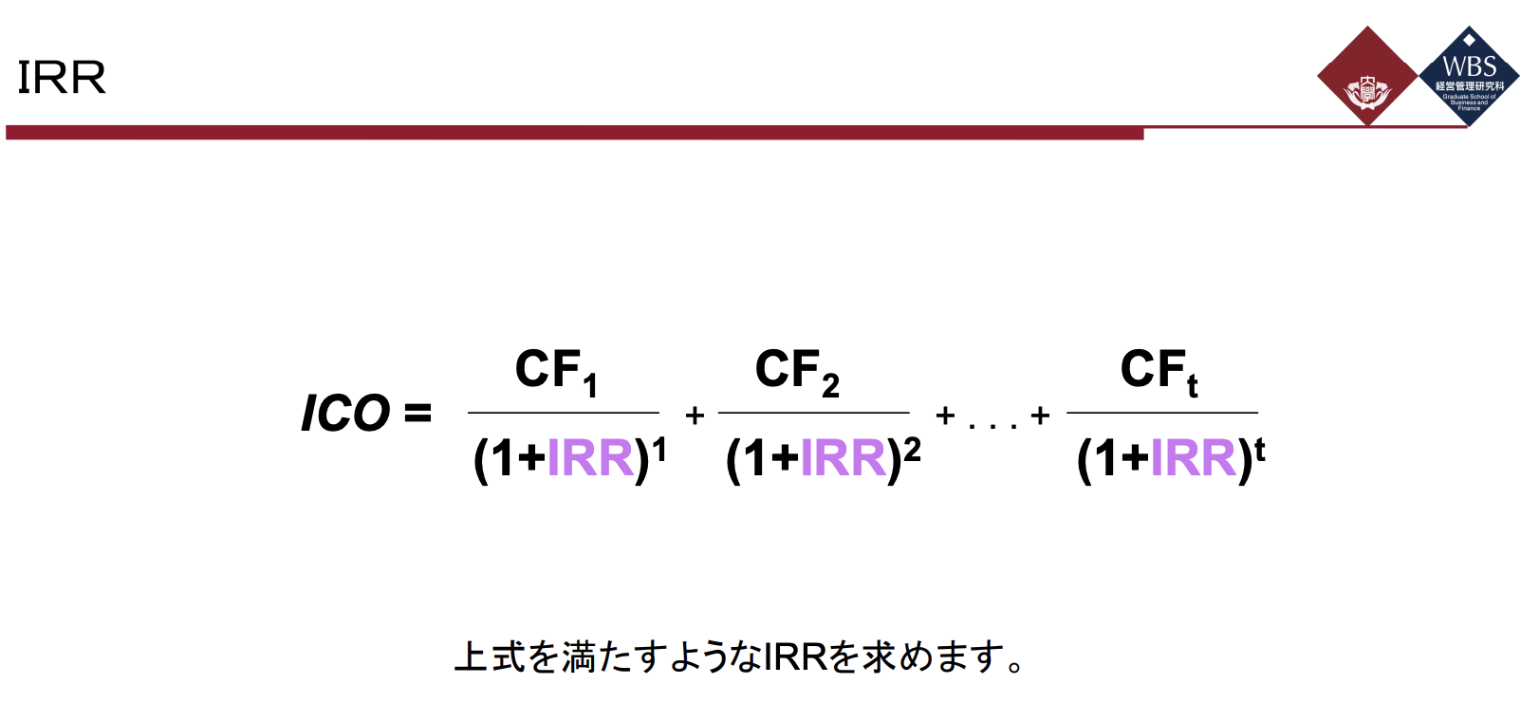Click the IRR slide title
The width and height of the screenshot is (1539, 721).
click(x=62, y=77)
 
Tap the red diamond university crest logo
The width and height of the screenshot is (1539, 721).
click(x=1367, y=77)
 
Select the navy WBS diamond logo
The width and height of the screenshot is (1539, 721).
click(x=1469, y=77)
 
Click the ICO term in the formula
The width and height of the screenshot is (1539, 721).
click(x=345, y=414)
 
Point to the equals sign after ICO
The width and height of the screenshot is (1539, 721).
click(x=417, y=414)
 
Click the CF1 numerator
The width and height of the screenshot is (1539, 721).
click(x=556, y=371)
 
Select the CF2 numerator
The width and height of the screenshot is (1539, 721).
click(x=797, y=371)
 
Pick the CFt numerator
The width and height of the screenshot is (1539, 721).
click(x=1159, y=371)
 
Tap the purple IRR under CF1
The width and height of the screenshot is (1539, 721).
click(x=590, y=458)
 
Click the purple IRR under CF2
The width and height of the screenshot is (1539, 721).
click(x=843, y=458)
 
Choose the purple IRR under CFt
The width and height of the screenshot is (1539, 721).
click(x=1194, y=458)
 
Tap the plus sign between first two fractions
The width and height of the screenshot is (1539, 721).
click(x=695, y=416)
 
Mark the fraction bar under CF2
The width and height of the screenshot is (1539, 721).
click(x=813, y=413)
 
